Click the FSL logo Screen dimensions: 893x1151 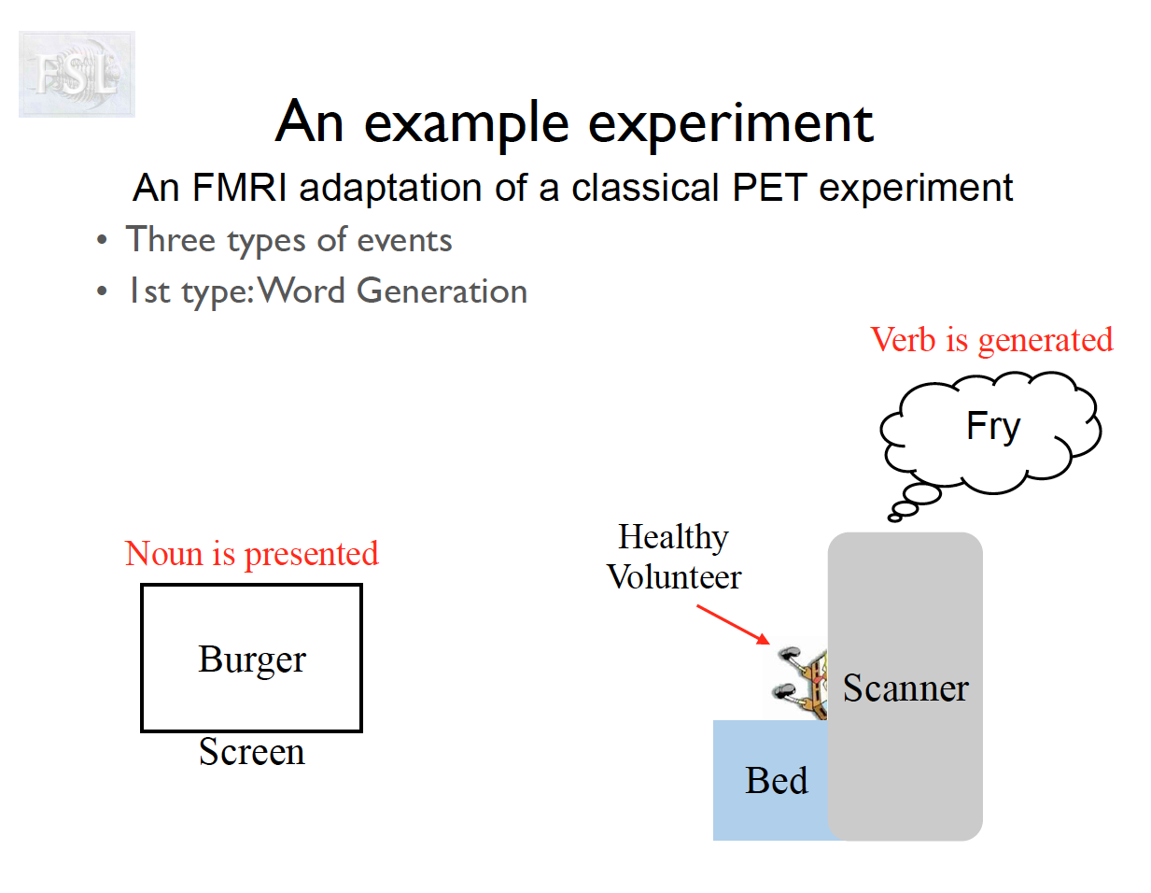tap(77, 74)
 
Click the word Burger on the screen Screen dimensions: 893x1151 tap(252, 659)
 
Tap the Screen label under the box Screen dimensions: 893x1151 tap(252, 752)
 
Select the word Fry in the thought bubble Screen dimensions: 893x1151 tap(993, 427)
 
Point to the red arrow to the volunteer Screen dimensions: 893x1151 tap(734, 625)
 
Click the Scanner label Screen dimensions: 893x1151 tap(905, 688)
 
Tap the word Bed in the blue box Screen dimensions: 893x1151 tap(777, 781)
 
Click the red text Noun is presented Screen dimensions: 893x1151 tap(252, 554)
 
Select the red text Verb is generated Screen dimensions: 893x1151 tap(991, 340)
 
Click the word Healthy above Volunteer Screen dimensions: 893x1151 tap(673, 537)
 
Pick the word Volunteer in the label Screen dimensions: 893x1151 tap(674, 577)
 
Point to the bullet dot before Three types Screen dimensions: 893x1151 tap(102, 241)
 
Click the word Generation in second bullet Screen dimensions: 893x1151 tap(442, 291)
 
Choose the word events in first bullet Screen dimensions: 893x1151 tap(404, 241)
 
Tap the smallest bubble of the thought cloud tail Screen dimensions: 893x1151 tap(895, 517)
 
